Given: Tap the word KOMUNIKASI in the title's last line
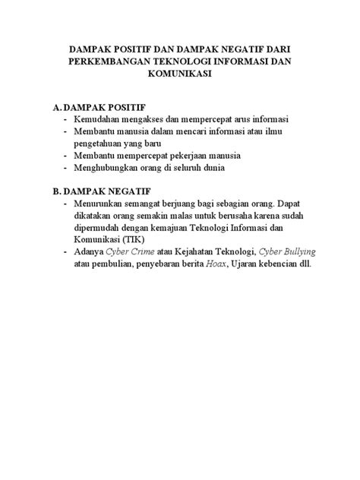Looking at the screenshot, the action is click(x=179, y=75).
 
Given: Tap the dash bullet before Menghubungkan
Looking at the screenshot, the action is click(x=68, y=167).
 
